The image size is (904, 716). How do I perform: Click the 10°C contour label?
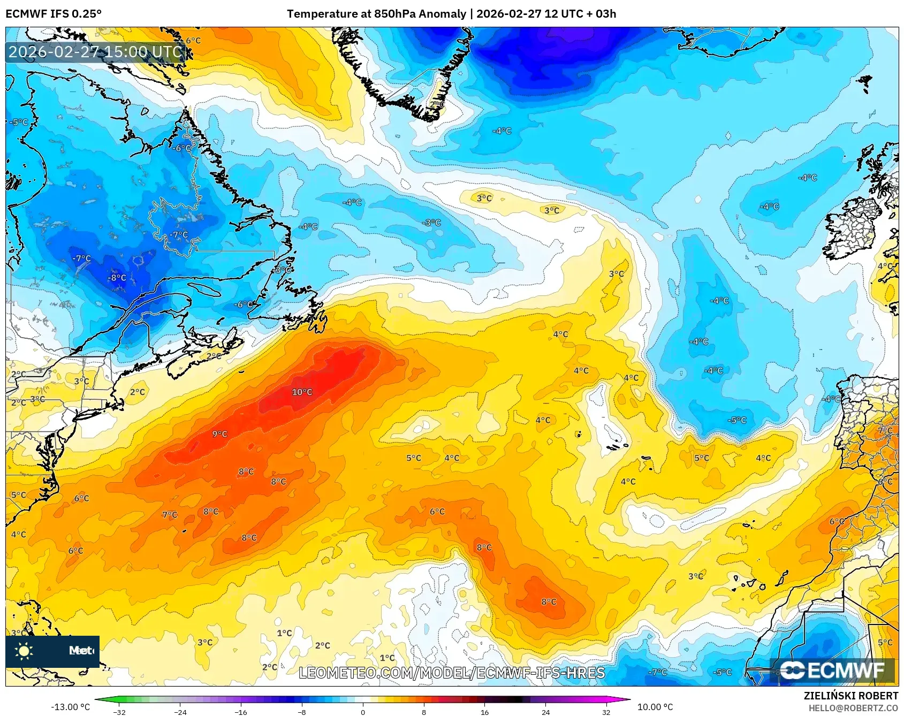[x=302, y=392]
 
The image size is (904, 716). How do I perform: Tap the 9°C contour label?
[x=219, y=434]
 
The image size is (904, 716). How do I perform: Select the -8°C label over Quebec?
[x=117, y=278]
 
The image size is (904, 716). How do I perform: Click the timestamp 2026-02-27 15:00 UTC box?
[x=95, y=52]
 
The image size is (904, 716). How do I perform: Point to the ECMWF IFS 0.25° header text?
[x=54, y=14]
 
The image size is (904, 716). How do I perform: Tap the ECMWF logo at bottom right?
[x=832, y=670]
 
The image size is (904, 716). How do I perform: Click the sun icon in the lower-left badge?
[x=24, y=651]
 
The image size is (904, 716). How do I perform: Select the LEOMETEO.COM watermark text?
[x=452, y=673]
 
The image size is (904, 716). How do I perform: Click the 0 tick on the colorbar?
[x=363, y=712]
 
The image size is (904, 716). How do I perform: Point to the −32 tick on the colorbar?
[x=120, y=712]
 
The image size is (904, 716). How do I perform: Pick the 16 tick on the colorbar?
[x=484, y=712]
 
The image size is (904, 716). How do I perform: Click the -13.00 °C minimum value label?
[x=70, y=707]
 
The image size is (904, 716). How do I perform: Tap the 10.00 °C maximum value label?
[x=655, y=707]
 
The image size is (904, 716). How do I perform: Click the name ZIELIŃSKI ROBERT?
[x=850, y=696]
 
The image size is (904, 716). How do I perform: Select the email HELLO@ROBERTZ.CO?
[x=853, y=708]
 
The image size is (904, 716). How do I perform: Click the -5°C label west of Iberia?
[x=737, y=420]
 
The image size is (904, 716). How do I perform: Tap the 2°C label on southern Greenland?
[x=437, y=104]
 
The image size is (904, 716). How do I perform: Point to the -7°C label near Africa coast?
[x=658, y=672]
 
